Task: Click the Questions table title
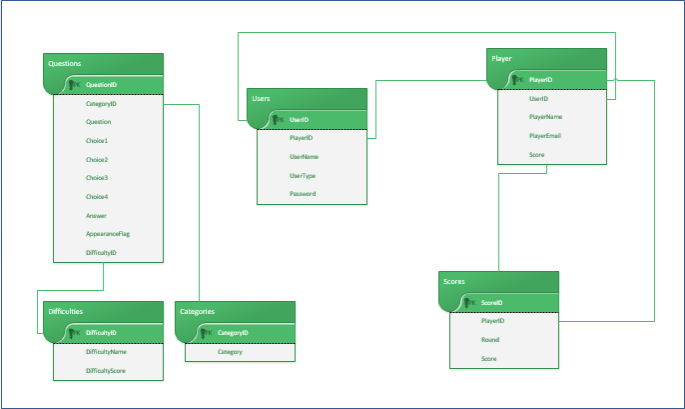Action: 65,64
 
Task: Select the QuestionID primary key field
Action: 101,85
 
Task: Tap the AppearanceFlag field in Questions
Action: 108,234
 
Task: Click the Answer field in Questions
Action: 96,215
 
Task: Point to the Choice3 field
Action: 97,178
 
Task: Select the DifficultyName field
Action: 105,351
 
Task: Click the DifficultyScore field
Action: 105,370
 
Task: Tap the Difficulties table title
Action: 71,312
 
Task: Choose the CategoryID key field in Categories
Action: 233,332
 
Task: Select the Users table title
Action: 262,99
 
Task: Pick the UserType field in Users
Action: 303,175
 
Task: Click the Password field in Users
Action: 303,193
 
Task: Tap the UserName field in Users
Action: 304,156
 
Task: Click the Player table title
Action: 501,59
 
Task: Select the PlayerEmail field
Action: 545,136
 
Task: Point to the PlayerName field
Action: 545,117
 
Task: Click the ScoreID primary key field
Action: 491,302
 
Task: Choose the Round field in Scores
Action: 489,340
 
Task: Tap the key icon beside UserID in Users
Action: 279,120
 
